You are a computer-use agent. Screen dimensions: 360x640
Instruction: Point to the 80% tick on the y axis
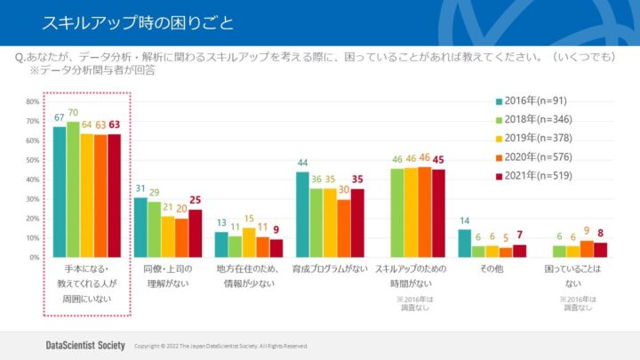tap(32, 101)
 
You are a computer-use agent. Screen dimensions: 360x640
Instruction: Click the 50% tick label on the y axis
tap(32, 160)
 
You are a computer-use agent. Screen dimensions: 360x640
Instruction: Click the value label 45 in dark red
tap(437, 160)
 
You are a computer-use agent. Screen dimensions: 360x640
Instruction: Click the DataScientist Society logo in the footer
tap(84, 345)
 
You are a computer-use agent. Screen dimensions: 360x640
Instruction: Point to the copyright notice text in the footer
tap(220, 346)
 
